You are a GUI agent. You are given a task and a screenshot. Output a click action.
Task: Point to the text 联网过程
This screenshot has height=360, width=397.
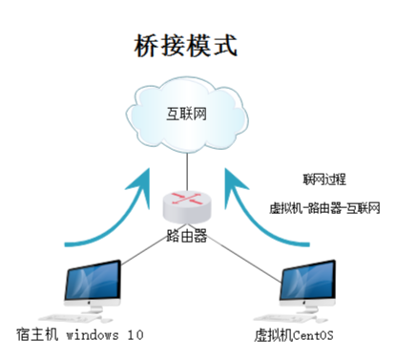click(x=323, y=179)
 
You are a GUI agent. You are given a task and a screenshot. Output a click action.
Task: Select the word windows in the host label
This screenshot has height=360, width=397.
click(x=99, y=335)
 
